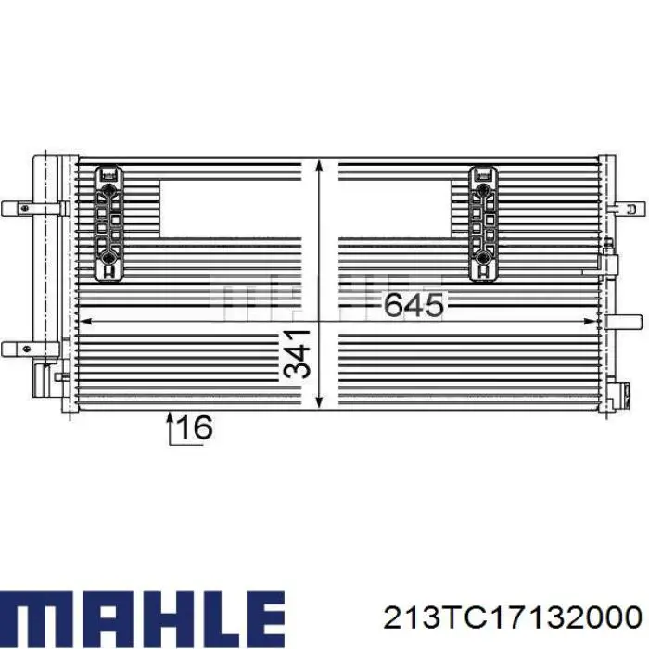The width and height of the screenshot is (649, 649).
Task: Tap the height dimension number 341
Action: pyautogui.click(x=296, y=353)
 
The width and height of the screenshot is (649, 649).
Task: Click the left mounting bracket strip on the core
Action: pyautogui.click(x=110, y=222)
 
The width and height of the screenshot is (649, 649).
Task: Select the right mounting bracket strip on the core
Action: pyautogui.click(x=483, y=222)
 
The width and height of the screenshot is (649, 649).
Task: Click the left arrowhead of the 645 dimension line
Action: pyautogui.click(x=85, y=321)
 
